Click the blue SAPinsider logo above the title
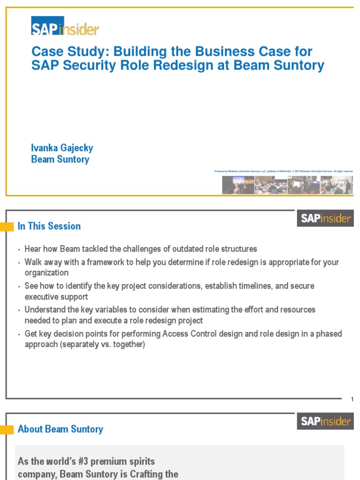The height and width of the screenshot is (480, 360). [65, 26]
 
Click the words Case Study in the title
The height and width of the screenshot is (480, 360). [62, 52]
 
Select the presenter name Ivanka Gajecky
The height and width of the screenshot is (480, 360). [62, 148]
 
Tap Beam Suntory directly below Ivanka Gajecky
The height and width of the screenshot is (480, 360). [60, 159]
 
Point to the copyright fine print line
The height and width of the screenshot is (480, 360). [284, 172]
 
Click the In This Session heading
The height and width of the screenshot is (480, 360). [49, 226]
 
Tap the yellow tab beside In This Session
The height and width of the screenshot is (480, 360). [7, 227]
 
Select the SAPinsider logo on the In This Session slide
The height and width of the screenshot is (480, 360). [325, 218]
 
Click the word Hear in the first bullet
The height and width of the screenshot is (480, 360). [33, 249]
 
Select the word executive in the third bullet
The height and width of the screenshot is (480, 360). [42, 297]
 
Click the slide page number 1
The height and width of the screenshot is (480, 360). [352, 399]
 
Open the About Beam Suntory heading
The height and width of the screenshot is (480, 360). [60, 429]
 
